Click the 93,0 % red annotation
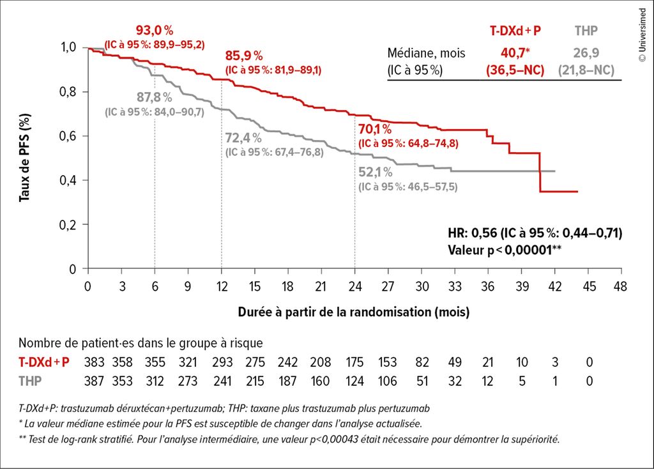[x=155, y=30]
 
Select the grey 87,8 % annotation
[x=155, y=97]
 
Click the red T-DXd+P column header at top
[x=516, y=31]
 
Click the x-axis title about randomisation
[x=353, y=312]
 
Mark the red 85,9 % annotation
[x=244, y=56]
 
